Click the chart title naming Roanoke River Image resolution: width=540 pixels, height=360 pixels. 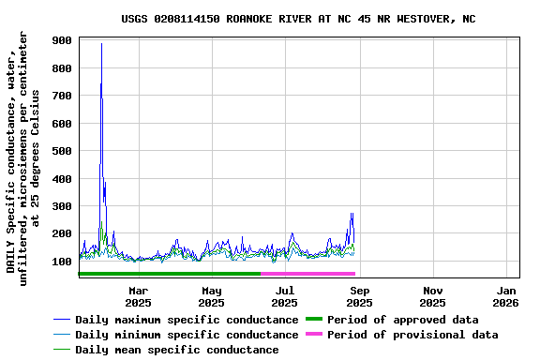pyautogui.click(x=298, y=19)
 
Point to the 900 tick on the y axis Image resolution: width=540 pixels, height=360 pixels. pyautogui.click(x=63, y=41)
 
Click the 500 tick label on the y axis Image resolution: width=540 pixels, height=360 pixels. pyautogui.click(x=63, y=151)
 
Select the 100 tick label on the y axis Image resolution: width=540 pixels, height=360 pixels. pyautogui.click(x=63, y=262)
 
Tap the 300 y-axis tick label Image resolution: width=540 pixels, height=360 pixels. pyautogui.click(x=63, y=206)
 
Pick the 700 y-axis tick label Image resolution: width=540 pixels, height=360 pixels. pyautogui.click(x=63, y=97)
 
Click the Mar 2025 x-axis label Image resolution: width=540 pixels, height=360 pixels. pyautogui.click(x=138, y=296)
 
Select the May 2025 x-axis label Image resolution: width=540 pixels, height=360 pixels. pyautogui.click(x=212, y=296)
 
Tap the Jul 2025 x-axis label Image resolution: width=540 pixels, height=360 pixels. pyautogui.click(x=285, y=296)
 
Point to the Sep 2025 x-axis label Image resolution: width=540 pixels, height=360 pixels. pyautogui.click(x=359, y=296)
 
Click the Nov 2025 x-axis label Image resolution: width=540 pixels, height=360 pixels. pyautogui.click(x=432, y=296)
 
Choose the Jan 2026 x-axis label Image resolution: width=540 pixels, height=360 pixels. pyautogui.click(x=506, y=296)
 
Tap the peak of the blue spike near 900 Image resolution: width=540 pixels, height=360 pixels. pyautogui.click(x=101, y=44)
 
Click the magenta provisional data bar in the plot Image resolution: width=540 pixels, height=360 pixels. pyautogui.click(x=307, y=273)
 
